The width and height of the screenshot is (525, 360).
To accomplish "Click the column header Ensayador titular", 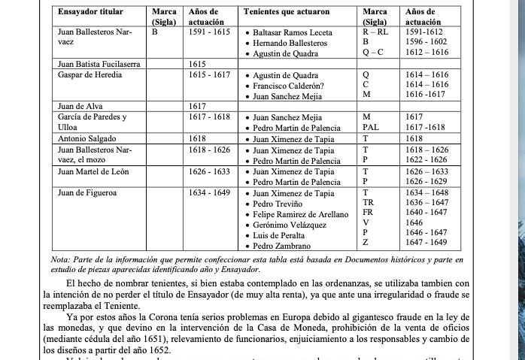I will (x=95, y=13).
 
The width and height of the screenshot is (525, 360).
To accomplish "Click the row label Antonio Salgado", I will (x=86, y=139).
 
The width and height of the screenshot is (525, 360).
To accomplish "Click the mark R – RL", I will (x=375, y=33).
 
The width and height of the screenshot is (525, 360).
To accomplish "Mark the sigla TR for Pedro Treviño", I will (x=368, y=203).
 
